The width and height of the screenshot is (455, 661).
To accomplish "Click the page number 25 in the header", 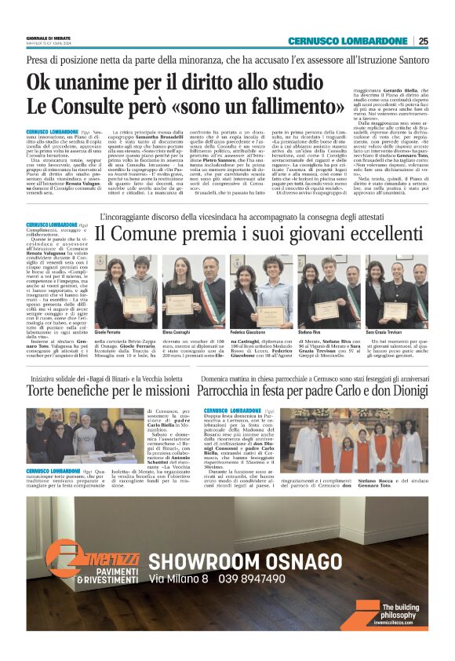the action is pyautogui.click(x=423, y=41).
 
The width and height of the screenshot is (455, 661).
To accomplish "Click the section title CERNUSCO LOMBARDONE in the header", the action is pyautogui.click(x=348, y=41).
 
